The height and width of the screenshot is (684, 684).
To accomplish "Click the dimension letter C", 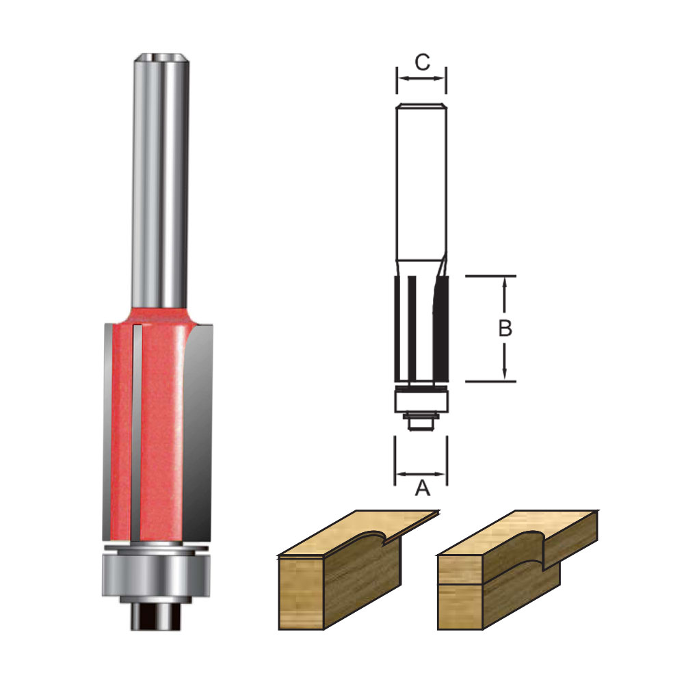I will pyautogui.click(x=422, y=62).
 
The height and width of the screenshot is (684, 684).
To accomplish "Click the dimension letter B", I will pyautogui.click(x=505, y=328).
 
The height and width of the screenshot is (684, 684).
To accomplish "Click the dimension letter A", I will pyautogui.click(x=422, y=488).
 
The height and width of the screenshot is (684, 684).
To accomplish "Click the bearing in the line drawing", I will pyautogui.click(x=421, y=400).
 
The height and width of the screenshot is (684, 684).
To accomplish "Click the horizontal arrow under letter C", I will pyautogui.click(x=421, y=79).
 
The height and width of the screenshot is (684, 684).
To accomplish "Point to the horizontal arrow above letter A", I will pyautogui.click(x=421, y=473).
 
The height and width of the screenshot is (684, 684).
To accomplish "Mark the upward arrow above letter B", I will pyautogui.click(x=505, y=294).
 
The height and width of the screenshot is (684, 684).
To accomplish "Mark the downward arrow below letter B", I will pyautogui.click(x=505, y=363).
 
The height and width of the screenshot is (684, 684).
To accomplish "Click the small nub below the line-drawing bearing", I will pyautogui.click(x=421, y=422).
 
